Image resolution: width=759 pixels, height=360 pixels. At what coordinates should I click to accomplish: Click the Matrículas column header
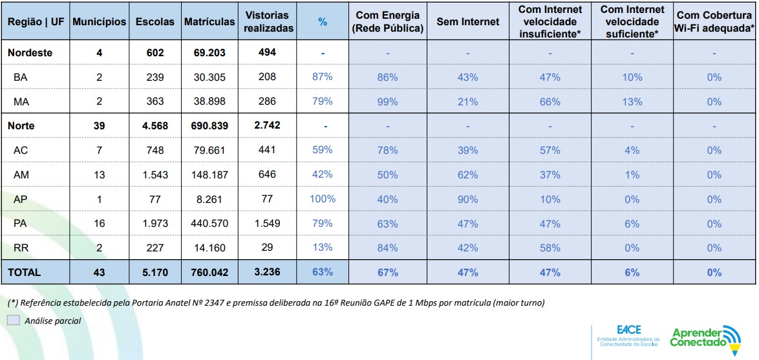[x=209, y=21]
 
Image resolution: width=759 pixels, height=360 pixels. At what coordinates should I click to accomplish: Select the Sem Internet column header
[x=467, y=21]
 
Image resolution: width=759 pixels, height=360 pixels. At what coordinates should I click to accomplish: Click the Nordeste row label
[x=30, y=52]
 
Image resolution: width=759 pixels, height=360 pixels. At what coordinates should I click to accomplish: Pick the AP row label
[x=20, y=199]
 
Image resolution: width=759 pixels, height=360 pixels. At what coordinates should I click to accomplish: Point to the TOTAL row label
[x=24, y=272]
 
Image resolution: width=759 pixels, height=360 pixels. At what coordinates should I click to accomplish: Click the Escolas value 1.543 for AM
[x=155, y=175]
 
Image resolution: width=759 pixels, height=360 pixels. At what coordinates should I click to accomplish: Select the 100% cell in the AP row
[x=323, y=199]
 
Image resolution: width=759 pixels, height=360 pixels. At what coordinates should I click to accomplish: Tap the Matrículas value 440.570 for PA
[x=209, y=224]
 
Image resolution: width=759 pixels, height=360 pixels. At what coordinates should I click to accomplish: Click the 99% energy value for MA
[x=387, y=101]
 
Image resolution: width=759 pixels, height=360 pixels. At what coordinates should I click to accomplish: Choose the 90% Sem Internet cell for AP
[x=467, y=199]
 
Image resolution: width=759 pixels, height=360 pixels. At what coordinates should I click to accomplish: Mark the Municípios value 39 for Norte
[x=99, y=125]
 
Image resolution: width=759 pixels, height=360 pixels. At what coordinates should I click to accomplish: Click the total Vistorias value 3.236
[x=267, y=272]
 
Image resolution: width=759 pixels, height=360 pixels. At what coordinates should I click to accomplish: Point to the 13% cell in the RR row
[x=323, y=248]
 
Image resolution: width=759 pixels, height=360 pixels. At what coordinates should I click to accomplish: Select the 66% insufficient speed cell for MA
[x=550, y=101]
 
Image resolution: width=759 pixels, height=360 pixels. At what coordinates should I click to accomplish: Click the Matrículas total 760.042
[x=209, y=272]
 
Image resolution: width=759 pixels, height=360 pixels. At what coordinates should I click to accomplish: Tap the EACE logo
[x=627, y=335]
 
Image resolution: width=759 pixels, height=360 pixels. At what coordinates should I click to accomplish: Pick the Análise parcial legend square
[x=14, y=320]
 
